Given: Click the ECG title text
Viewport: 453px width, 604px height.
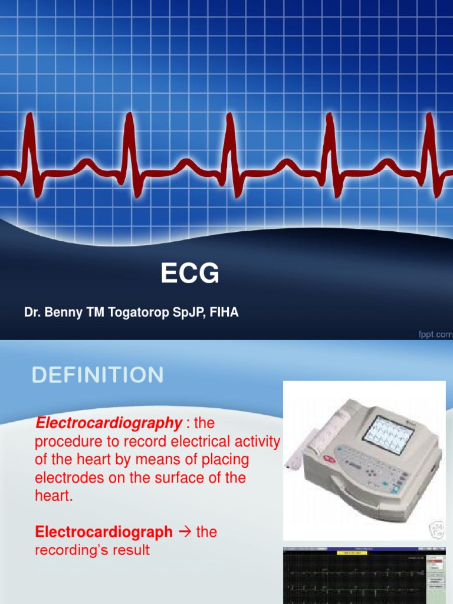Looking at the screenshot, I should (x=190, y=274).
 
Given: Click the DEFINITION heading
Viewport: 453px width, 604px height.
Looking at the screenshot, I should (x=98, y=376).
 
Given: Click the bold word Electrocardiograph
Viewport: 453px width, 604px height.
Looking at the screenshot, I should (x=104, y=532).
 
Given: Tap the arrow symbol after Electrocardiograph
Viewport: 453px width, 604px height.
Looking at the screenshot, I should (x=185, y=532).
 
